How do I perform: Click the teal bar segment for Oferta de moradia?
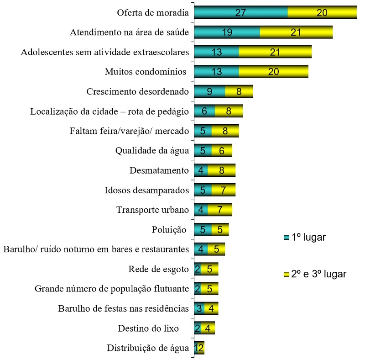click(x=240, y=13)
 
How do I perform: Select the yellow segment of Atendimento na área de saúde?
click(x=296, y=32)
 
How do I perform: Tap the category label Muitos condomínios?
click(x=146, y=72)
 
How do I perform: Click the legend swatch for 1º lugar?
click(x=286, y=237)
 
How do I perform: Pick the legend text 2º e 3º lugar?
click(x=319, y=274)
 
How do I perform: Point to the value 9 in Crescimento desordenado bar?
click(x=209, y=91)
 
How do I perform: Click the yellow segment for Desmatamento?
click(x=221, y=170)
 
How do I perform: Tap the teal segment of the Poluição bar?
click(x=203, y=230)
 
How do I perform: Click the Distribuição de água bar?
click(x=199, y=348)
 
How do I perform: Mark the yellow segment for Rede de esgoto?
click(x=209, y=269)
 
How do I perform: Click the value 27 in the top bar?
click(x=241, y=13)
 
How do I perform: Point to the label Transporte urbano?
click(x=152, y=210)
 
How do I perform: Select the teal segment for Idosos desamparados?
click(x=203, y=190)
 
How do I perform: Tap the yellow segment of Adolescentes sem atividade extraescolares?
click(x=275, y=52)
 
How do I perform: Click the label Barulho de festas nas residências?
click(x=124, y=308)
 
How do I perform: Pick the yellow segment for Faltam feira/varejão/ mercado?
click(x=225, y=131)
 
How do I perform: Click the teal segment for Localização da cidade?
click(x=204, y=111)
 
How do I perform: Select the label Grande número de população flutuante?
click(x=112, y=289)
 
